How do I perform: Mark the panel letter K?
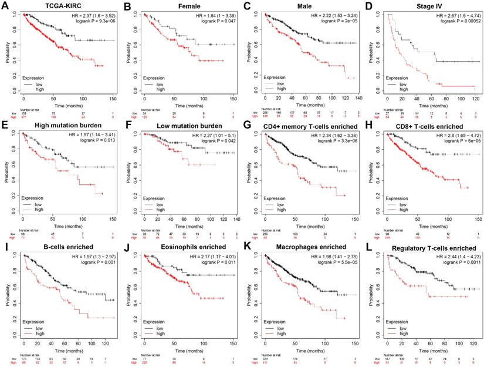[x=246, y=247]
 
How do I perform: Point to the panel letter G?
[x=246, y=126]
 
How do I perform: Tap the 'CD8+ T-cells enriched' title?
[x=422, y=126]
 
